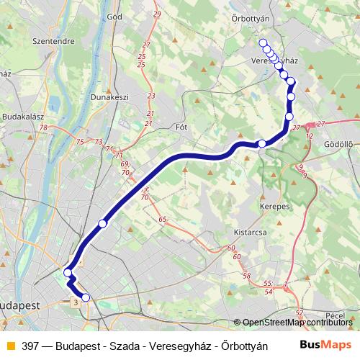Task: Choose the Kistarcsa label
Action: [251, 233]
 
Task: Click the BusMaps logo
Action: [326, 345]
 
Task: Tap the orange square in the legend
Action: [10, 346]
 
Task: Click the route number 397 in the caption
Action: [30, 346]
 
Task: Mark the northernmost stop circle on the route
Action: [263, 42]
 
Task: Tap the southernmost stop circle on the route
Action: [86, 297]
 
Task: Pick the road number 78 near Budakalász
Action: [45, 128]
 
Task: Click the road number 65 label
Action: [163, 219]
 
